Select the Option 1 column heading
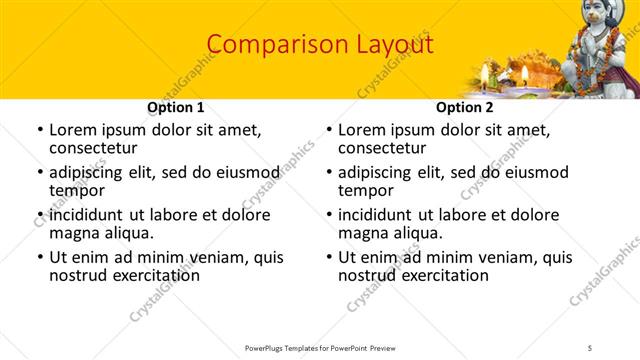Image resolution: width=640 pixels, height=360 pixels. [175, 107]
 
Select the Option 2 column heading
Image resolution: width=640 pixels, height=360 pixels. [465, 107]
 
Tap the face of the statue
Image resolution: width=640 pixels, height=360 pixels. [597, 19]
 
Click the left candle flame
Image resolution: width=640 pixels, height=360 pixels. [485, 71]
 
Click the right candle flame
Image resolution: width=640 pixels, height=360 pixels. [523, 73]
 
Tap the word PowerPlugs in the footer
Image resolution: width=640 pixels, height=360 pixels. [267, 347]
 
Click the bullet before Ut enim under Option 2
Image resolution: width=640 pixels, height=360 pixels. [329, 257]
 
